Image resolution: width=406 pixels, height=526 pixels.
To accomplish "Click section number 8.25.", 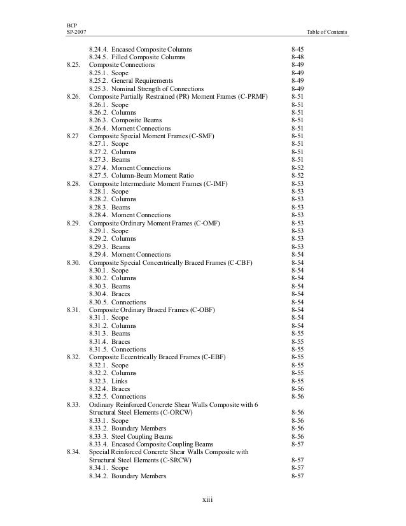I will pyautogui.click(x=73, y=65).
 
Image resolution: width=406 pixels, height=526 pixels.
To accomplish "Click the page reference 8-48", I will pyautogui.click(x=297, y=57).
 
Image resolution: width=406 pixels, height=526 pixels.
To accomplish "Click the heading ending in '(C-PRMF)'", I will pyautogui.click(x=178, y=97).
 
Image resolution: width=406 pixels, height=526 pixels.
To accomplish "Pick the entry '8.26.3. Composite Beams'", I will pyautogui.click(x=125, y=120).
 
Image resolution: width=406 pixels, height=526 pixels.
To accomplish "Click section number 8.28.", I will pyautogui.click(x=73, y=183).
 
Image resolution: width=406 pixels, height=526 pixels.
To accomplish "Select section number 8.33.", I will pyautogui.click(x=73, y=404).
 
